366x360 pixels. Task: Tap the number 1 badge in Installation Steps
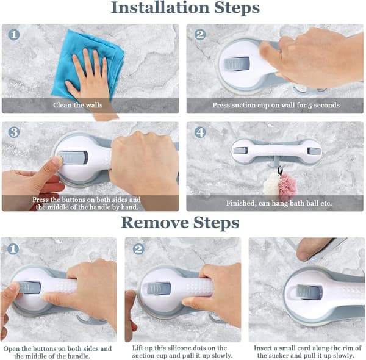tap(14, 35)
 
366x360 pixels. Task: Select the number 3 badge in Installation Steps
tap(14, 132)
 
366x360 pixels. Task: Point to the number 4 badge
tap(200, 132)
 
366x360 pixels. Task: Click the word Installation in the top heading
tap(160, 7)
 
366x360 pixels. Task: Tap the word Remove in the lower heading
tap(155, 223)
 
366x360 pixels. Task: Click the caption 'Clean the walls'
tap(77, 105)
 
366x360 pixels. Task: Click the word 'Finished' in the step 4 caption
tap(241, 203)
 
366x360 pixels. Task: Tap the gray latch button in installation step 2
tap(237, 63)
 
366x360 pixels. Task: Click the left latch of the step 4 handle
tap(240, 151)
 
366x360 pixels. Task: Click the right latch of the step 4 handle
tap(312, 151)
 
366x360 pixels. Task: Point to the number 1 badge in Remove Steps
tap(13, 249)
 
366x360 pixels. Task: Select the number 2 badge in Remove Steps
tap(138, 249)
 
